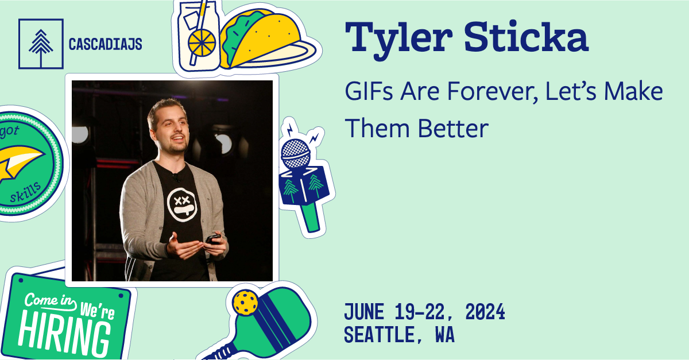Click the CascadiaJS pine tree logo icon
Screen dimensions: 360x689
pyautogui.click(x=40, y=44)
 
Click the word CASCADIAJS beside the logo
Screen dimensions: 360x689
pyautogui.click(x=105, y=44)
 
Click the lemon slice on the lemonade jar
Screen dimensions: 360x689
pyautogui.click(x=203, y=41)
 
